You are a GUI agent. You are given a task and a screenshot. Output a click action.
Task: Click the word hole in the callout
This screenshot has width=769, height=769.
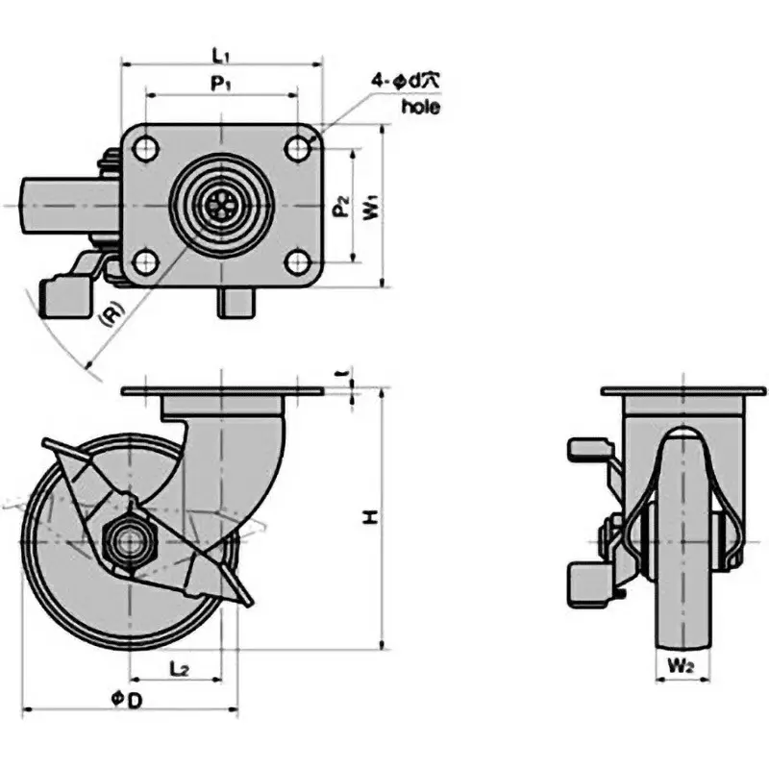pos(420,107)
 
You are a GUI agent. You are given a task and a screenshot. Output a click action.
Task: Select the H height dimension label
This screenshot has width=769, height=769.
pos(368,518)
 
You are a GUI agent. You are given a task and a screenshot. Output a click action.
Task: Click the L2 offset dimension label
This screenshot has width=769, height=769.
pos(178,666)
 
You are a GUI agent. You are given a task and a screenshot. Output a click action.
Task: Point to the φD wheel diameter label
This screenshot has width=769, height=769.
pos(127,701)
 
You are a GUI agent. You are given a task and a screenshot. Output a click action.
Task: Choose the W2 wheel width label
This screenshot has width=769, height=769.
pos(683,663)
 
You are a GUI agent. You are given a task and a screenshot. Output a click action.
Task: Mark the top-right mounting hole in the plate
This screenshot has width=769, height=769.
pos(297,149)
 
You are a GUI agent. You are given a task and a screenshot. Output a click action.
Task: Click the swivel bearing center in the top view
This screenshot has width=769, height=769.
pos(221,205)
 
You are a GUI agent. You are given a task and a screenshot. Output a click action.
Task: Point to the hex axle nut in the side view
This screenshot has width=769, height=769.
pos(127,540)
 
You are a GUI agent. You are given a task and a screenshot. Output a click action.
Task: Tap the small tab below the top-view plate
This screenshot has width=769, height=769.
pos(236,303)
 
